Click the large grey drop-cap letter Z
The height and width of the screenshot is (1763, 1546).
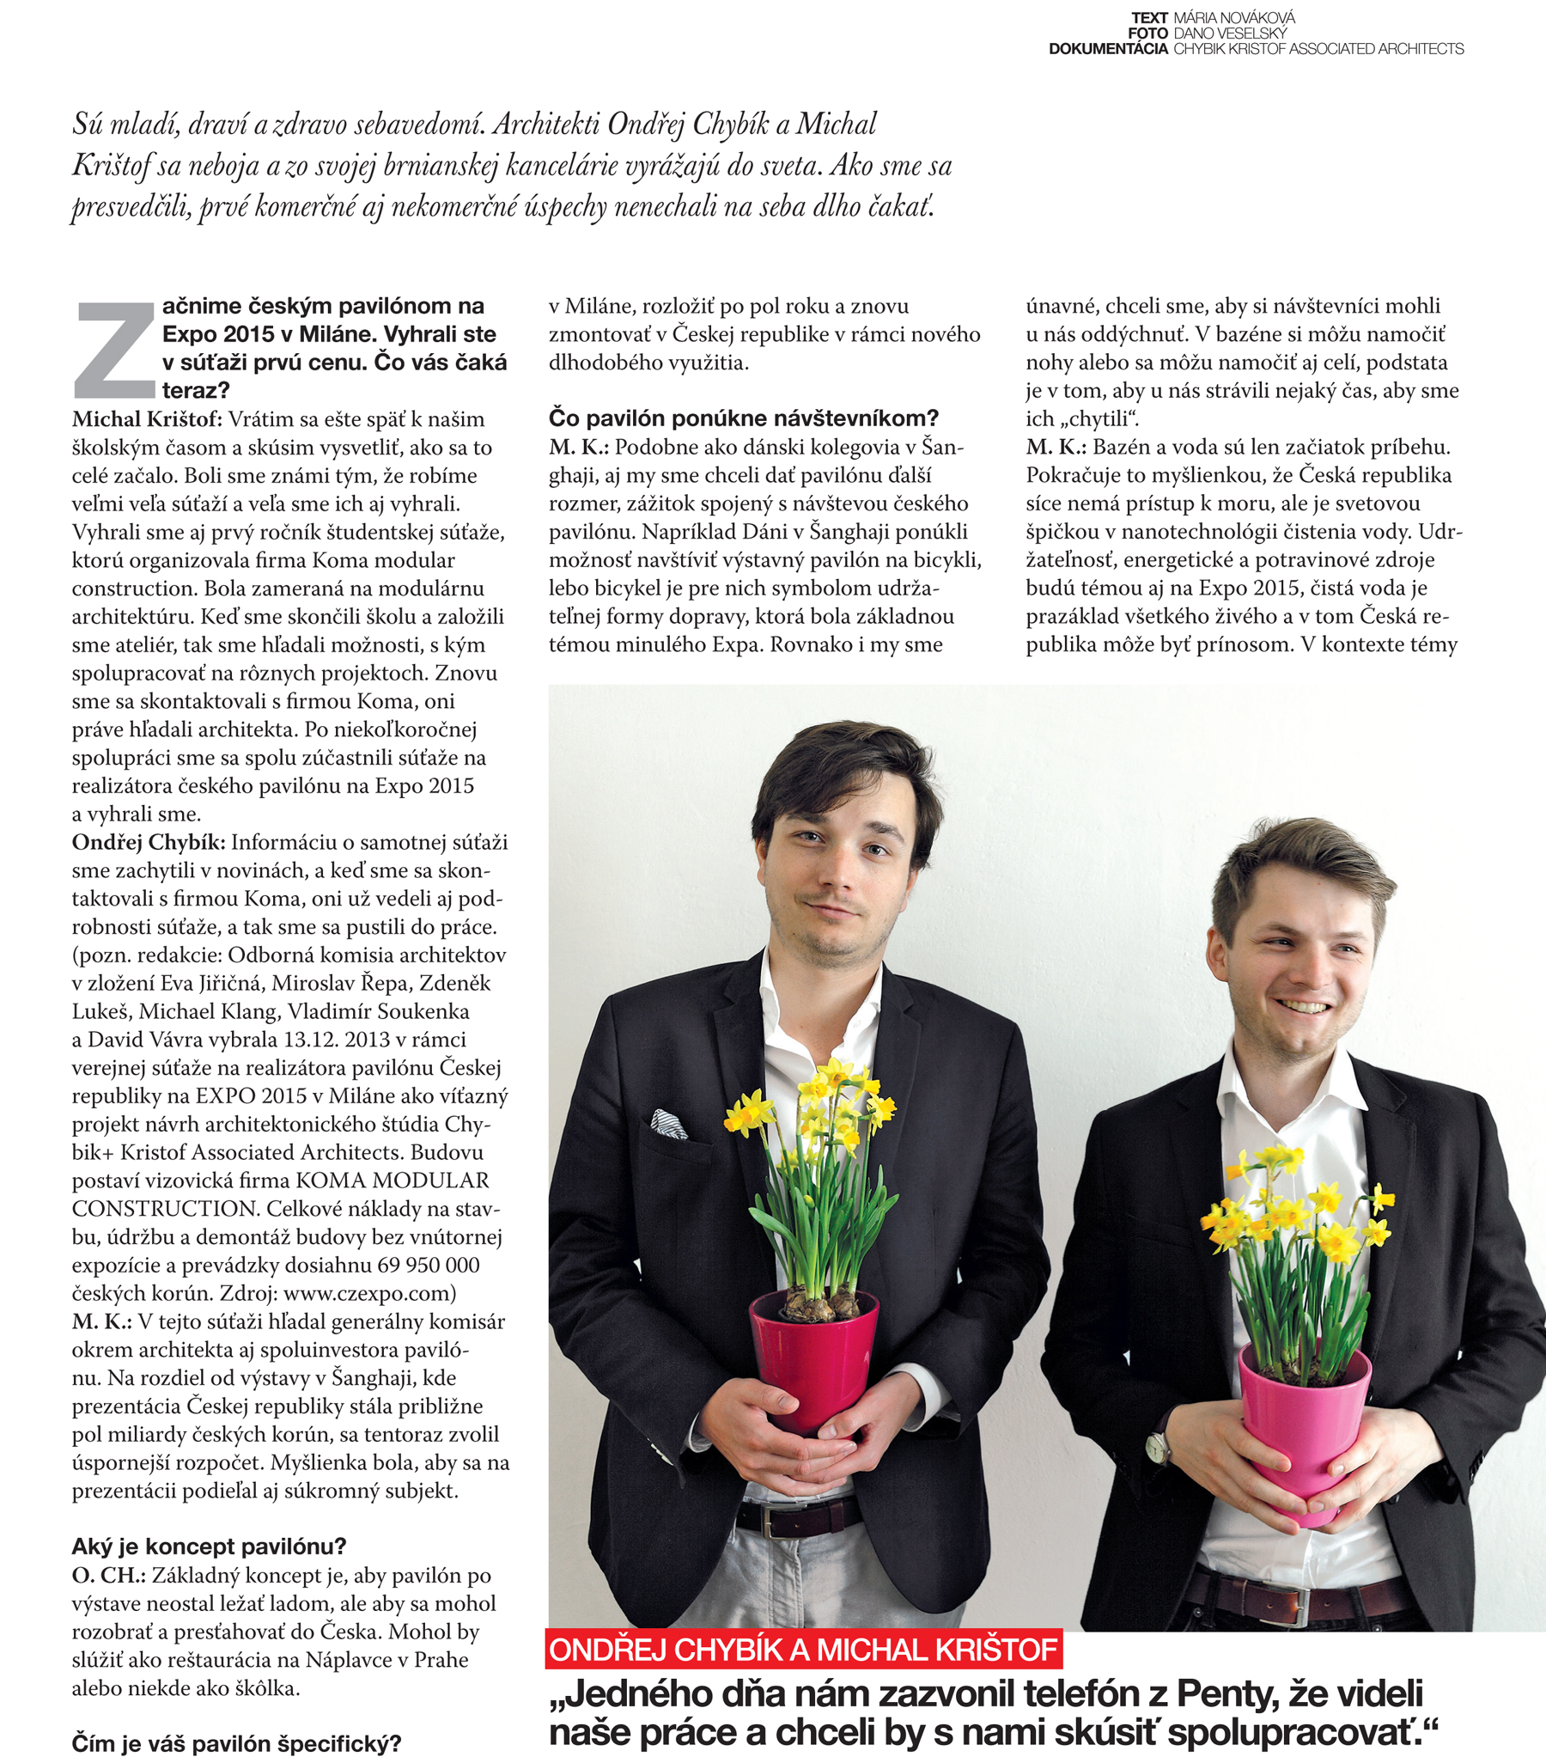coord(116,351)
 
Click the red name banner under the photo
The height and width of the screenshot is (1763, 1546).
coord(803,1649)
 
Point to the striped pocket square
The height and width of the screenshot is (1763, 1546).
coord(668,1122)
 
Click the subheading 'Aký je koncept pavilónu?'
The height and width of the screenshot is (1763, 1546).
coord(209,1546)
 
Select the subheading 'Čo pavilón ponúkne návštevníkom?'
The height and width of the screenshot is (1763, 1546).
coord(743,418)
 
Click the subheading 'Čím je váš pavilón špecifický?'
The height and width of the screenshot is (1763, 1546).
coord(236,1743)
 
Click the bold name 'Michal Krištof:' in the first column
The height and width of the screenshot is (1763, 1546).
coord(148,419)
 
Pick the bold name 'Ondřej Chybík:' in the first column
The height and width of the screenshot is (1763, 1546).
coord(149,842)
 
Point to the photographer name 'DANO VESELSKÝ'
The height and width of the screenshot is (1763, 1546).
coord(1230,33)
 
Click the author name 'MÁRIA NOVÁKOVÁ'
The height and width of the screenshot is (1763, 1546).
coord(1234,17)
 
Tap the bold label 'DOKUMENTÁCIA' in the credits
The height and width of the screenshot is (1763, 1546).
coord(1108,49)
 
